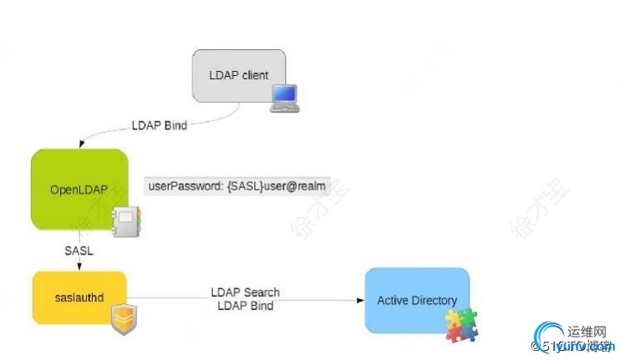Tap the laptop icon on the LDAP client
point(284,98)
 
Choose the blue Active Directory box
point(416,299)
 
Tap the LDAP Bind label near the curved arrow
point(160,126)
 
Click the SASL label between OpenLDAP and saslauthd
point(78,250)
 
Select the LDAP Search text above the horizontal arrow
point(245,292)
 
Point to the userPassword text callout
point(247,185)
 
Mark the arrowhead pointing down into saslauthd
point(79,266)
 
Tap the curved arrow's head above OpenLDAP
point(80,143)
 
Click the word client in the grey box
point(253,75)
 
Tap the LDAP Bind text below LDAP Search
point(245,306)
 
